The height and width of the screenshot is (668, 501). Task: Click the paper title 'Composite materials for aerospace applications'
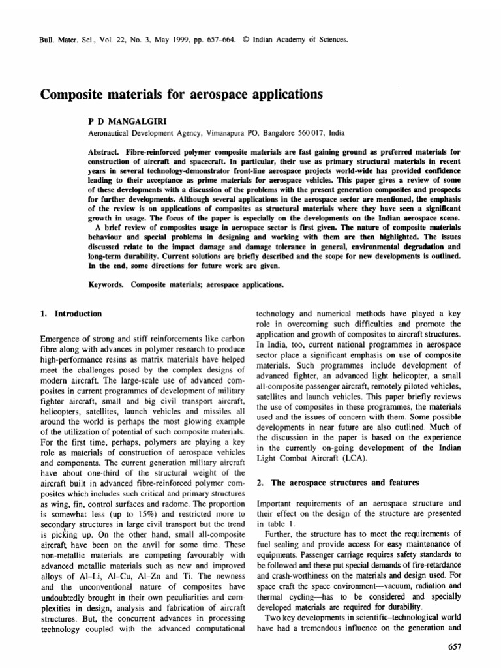tap(182, 94)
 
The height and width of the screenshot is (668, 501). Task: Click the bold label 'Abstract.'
tap(105, 151)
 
